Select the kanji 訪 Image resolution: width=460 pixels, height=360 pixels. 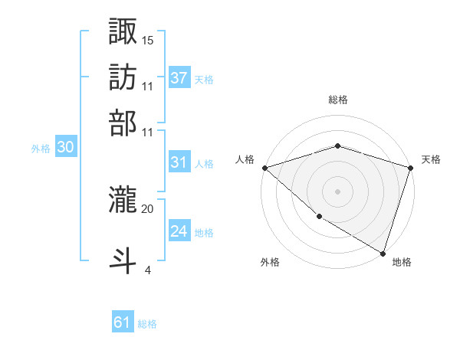point(123,78)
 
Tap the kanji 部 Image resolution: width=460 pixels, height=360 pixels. point(123,123)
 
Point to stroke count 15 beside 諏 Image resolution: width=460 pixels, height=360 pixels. point(148,40)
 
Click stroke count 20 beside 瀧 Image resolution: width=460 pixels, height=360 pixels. point(148,208)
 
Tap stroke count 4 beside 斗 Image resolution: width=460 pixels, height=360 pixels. point(147,270)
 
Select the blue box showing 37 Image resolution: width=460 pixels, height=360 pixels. point(179,77)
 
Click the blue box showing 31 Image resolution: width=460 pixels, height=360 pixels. point(179,162)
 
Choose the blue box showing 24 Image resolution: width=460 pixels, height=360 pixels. point(179,231)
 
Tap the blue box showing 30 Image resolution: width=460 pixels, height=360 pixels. point(65,148)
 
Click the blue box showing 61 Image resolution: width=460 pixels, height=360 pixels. point(123,322)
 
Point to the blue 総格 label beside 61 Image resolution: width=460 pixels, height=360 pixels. point(147,324)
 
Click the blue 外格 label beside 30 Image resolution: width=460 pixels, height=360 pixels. point(41,149)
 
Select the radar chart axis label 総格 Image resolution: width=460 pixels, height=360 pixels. point(337,100)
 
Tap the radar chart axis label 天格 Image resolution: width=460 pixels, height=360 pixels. point(431,159)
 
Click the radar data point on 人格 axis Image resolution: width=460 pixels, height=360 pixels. point(264,168)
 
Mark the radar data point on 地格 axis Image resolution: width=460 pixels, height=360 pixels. point(383,253)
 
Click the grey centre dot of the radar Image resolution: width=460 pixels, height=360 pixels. point(337,191)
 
